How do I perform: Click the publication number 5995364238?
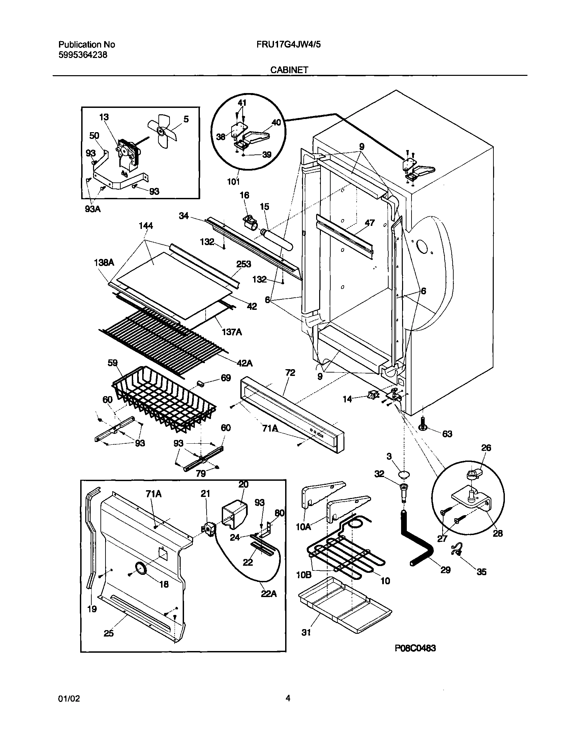(x=83, y=55)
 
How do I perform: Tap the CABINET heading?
(x=289, y=69)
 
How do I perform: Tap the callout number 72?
(x=290, y=373)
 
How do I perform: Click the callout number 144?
(x=146, y=226)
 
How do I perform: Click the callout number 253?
(x=244, y=264)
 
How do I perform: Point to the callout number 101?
(x=233, y=182)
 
